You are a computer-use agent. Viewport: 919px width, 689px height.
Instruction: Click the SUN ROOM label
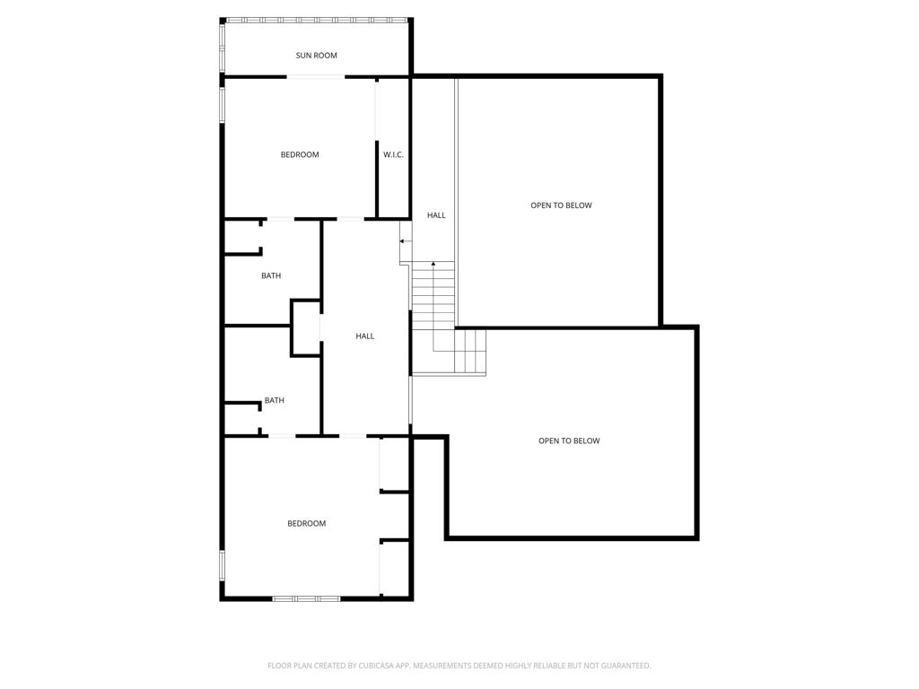click(316, 56)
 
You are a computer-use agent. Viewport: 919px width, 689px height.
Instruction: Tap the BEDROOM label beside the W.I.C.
click(300, 154)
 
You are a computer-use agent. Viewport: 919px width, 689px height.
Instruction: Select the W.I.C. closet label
click(393, 154)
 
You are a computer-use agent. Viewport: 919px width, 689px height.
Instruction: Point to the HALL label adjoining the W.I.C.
click(436, 215)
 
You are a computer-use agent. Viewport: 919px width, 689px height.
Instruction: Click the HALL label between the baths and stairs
click(364, 336)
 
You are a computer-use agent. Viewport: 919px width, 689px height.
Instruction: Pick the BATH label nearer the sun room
click(271, 275)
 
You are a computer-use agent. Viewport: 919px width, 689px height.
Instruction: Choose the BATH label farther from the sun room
click(275, 400)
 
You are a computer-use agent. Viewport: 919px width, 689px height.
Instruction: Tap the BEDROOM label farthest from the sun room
click(307, 523)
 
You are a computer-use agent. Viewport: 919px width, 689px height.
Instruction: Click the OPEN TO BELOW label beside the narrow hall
click(561, 205)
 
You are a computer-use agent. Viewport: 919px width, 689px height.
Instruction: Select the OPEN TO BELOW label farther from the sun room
click(569, 440)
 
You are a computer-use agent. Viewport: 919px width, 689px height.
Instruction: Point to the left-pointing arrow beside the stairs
click(406, 240)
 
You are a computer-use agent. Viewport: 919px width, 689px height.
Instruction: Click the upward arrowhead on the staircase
click(433, 265)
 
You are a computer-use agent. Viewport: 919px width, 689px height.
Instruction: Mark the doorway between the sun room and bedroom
click(315, 77)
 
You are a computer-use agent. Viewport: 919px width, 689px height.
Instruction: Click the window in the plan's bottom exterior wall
click(307, 598)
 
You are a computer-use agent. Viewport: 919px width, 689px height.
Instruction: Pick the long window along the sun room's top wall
click(317, 21)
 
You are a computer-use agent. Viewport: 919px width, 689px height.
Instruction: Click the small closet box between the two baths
click(306, 328)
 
